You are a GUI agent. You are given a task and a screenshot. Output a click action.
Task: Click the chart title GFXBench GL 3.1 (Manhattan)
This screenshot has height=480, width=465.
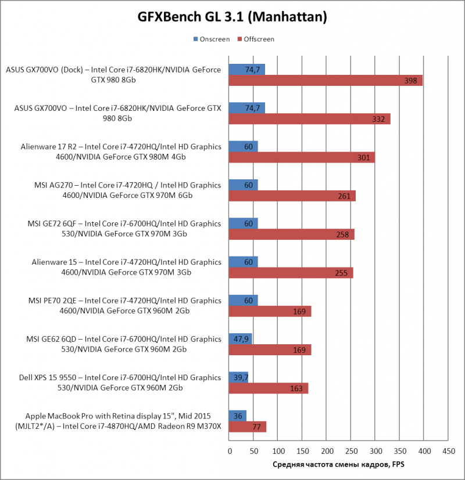point(232,17)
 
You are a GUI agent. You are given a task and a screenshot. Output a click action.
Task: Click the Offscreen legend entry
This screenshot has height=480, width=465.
point(255,39)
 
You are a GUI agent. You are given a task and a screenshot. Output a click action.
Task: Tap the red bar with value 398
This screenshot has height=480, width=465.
point(325,80)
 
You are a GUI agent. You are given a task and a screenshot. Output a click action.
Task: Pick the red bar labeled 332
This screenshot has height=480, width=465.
point(309,118)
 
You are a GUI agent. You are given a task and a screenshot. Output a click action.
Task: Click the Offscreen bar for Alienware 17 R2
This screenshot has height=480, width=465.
point(302,157)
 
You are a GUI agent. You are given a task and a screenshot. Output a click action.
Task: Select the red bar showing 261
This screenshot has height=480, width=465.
point(292,196)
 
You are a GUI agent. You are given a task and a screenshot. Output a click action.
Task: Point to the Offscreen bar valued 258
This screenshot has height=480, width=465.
point(291,234)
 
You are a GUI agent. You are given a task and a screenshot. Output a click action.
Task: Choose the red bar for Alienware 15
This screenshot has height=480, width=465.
point(291,272)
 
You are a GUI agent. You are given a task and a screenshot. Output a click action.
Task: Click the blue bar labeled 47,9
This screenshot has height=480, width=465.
point(241,338)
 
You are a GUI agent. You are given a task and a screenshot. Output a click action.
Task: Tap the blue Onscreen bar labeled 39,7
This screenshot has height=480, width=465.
point(239,377)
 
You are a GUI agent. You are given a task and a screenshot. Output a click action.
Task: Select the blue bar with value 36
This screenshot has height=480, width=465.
point(238,416)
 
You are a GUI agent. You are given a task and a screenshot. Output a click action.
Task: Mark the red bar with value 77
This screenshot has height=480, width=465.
point(248,427)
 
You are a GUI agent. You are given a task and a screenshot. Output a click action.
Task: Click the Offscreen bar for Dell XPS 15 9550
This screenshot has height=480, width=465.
point(269,388)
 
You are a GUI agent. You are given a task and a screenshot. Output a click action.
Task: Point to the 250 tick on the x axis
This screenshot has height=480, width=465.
point(351,451)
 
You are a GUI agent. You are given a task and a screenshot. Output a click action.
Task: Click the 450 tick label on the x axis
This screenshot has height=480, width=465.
point(448,451)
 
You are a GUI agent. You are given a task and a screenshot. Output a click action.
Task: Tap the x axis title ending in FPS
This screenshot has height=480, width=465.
point(339,465)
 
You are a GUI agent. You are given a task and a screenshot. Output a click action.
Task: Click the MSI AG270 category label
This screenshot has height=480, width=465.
point(127,190)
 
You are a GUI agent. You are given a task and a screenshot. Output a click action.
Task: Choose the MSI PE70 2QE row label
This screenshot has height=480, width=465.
point(126,306)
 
